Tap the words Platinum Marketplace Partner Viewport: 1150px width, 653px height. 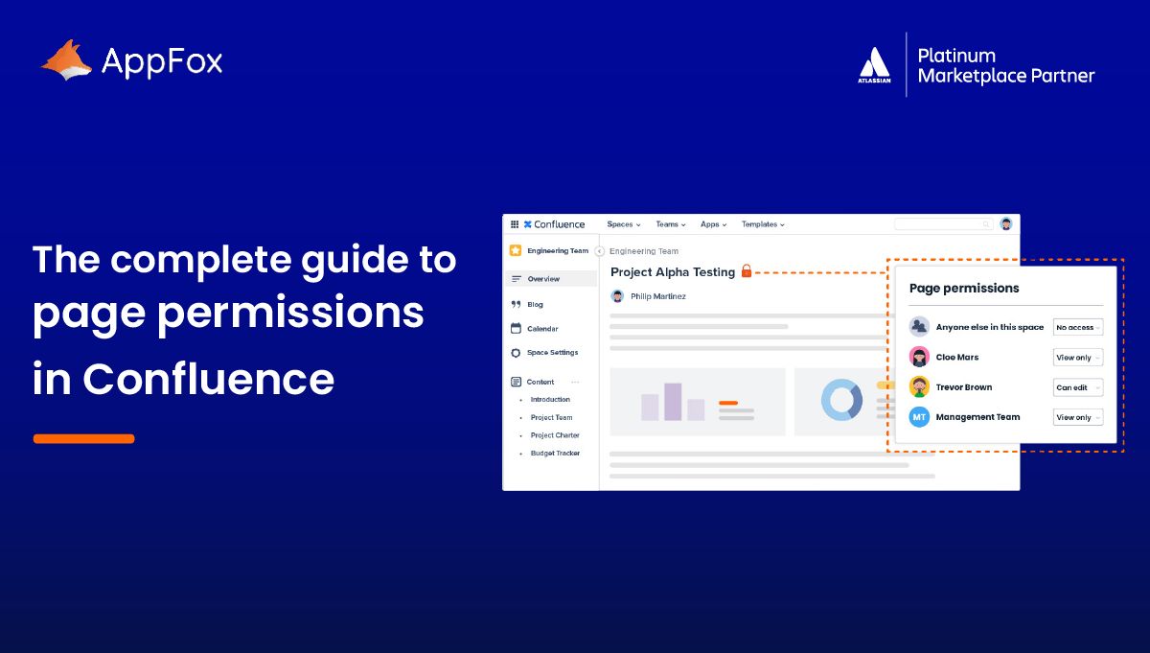1004,65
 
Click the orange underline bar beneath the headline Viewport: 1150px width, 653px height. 83,439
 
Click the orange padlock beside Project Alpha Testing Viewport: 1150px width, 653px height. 747,271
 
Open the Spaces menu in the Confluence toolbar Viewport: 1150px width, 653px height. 623,224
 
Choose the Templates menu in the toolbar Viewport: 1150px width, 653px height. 763,224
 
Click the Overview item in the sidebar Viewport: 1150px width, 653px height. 543,279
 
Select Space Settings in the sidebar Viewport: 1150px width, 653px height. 552,353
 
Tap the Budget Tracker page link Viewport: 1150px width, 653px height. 555,454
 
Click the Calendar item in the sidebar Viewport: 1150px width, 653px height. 542,329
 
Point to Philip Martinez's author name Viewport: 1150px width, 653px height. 657,296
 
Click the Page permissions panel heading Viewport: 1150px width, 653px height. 963,288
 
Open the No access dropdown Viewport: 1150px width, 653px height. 1078,327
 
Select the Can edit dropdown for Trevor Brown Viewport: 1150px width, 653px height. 1078,387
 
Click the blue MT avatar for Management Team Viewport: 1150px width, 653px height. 919,417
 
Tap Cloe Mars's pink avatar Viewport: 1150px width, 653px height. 919,357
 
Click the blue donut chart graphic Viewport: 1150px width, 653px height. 841,400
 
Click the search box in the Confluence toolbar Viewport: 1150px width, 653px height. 943,224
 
